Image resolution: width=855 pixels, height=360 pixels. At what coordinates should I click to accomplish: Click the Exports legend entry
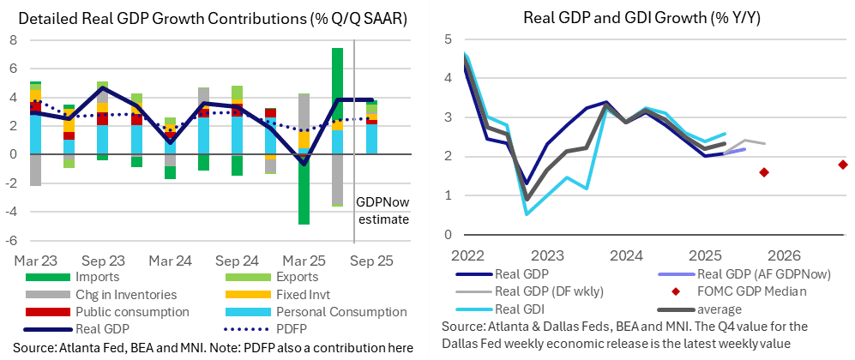288,277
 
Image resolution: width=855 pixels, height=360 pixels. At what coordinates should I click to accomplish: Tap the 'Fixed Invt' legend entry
295,295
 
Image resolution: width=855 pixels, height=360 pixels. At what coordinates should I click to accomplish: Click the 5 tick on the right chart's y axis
448,39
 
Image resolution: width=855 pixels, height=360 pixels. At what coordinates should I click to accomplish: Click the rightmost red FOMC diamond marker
843,165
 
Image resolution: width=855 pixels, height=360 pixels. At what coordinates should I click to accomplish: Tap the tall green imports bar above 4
338,73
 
